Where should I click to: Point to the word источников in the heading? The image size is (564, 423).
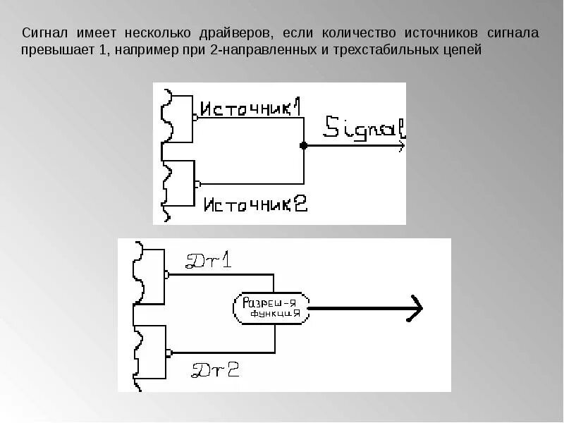pos(441,33)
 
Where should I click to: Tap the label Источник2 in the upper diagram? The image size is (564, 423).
pos(255,204)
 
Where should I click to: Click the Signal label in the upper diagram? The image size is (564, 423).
pos(364,128)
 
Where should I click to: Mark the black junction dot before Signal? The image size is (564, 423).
pos(304,146)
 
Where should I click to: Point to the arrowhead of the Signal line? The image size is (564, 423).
pos(400,146)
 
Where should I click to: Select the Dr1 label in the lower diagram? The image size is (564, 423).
pos(208,262)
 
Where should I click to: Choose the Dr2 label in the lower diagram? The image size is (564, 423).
pos(215,369)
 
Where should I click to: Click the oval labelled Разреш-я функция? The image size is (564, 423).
pos(271,307)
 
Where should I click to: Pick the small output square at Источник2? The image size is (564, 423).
pos(197,184)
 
